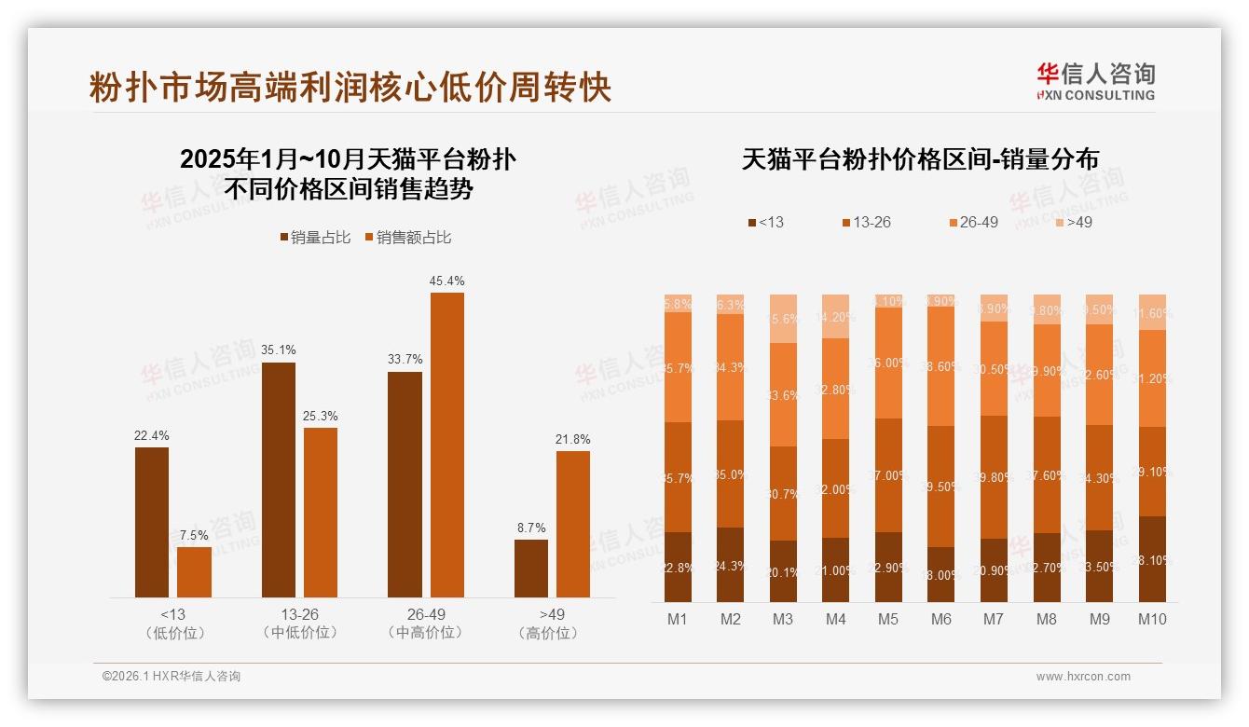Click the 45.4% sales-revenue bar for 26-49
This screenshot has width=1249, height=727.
(x=446, y=445)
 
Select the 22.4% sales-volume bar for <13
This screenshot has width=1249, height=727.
(x=152, y=522)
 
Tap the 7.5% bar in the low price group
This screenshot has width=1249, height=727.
(x=194, y=571)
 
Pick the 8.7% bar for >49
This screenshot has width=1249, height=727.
(x=530, y=568)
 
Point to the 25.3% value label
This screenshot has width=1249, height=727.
(x=321, y=416)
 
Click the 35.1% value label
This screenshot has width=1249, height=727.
(x=279, y=350)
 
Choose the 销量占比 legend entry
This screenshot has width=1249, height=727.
(x=315, y=238)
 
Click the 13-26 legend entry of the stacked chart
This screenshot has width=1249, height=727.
(x=866, y=223)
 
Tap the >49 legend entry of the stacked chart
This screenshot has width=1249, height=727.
(x=1073, y=223)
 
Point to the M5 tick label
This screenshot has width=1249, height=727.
(x=888, y=619)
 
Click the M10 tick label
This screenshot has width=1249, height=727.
(x=1152, y=619)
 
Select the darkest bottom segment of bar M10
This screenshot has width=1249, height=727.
(x=1152, y=559)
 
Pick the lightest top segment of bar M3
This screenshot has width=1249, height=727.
(x=783, y=319)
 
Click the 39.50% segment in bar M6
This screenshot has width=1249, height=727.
(x=941, y=487)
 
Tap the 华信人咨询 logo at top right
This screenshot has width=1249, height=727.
(x=1095, y=81)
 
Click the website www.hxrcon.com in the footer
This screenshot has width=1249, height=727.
(x=1083, y=677)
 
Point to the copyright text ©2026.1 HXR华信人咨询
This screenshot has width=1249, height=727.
(x=172, y=677)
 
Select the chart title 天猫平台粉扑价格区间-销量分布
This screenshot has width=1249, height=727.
(x=920, y=159)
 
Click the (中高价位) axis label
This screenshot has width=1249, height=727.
(x=426, y=633)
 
